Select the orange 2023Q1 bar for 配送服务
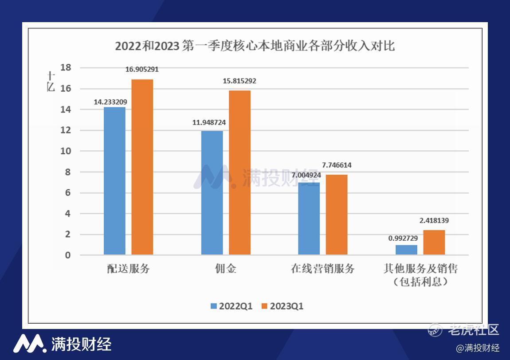click(142, 167)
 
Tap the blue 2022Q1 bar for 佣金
click(212, 193)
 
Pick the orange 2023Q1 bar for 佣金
click(239, 172)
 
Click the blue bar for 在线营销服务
click(309, 219)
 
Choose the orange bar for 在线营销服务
click(337, 215)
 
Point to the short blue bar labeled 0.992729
click(406, 250)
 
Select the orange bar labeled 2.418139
click(434, 243)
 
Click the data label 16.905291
click(142, 70)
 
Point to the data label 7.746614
click(337, 165)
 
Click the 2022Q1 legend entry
click(231, 306)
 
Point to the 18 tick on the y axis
click(66, 68)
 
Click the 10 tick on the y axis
click(66, 151)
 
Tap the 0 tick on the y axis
click(68, 255)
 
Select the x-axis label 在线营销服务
click(323, 269)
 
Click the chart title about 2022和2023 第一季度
click(255, 46)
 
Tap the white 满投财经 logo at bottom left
click(62, 344)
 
